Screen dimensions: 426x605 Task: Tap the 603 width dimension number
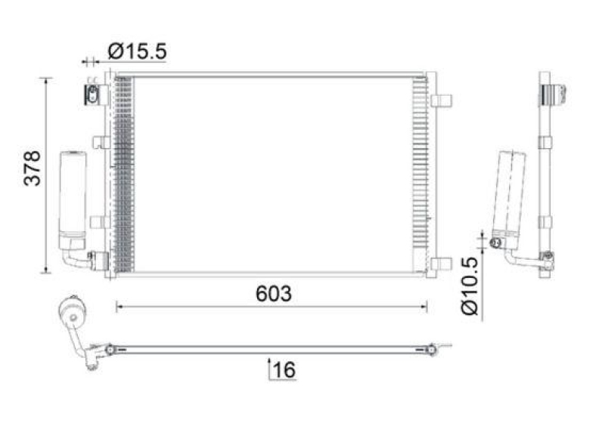click(x=273, y=295)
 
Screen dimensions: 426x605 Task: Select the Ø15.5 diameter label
click(x=137, y=51)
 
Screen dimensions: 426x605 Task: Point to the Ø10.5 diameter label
click(x=468, y=286)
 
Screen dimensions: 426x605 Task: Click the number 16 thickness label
click(x=284, y=370)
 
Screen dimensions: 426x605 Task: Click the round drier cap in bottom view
click(x=73, y=311)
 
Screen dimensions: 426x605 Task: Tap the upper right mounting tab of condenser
click(x=443, y=100)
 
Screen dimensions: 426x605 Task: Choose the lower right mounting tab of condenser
click(x=443, y=263)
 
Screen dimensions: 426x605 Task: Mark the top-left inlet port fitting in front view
click(x=92, y=95)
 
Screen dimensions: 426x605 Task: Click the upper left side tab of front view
click(x=97, y=141)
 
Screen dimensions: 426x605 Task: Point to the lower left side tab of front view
click(x=97, y=221)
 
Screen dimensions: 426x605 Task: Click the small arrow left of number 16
click(x=270, y=369)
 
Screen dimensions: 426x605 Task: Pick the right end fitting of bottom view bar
click(x=433, y=350)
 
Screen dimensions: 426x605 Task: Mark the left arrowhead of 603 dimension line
click(x=119, y=306)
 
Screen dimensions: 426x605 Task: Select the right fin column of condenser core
click(x=419, y=174)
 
